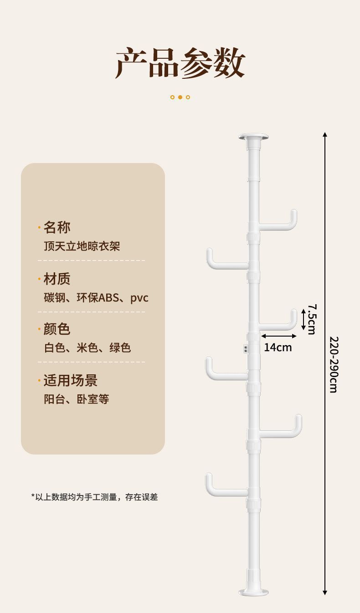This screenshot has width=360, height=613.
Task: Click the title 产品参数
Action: (x=180, y=63)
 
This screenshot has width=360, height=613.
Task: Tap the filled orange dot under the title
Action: (x=180, y=97)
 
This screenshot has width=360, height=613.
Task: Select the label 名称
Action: (x=57, y=227)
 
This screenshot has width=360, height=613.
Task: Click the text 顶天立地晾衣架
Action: (x=82, y=246)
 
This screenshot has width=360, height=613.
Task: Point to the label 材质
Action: (x=57, y=279)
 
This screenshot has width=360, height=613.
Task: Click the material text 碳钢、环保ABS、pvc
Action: (x=96, y=298)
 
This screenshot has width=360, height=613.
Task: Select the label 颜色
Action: (x=57, y=329)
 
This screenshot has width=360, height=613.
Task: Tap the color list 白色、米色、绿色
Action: (x=87, y=348)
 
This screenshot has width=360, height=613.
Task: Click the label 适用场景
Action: (x=70, y=380)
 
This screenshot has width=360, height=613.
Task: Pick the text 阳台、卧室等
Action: (x=77, y=399)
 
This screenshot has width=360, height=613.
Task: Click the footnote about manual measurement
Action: (x=94, y=497)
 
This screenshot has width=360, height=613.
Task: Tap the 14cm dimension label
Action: (x=278, y=347)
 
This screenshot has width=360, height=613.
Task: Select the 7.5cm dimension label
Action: (x=312, y=319)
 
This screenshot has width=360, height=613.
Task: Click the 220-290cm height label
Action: (x=334, y=364)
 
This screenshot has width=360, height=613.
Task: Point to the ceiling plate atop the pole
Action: (x=253, y=137)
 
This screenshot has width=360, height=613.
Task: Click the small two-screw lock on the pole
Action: (x=246, y=349)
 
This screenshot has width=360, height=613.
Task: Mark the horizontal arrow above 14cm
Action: (x=279, y=336)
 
